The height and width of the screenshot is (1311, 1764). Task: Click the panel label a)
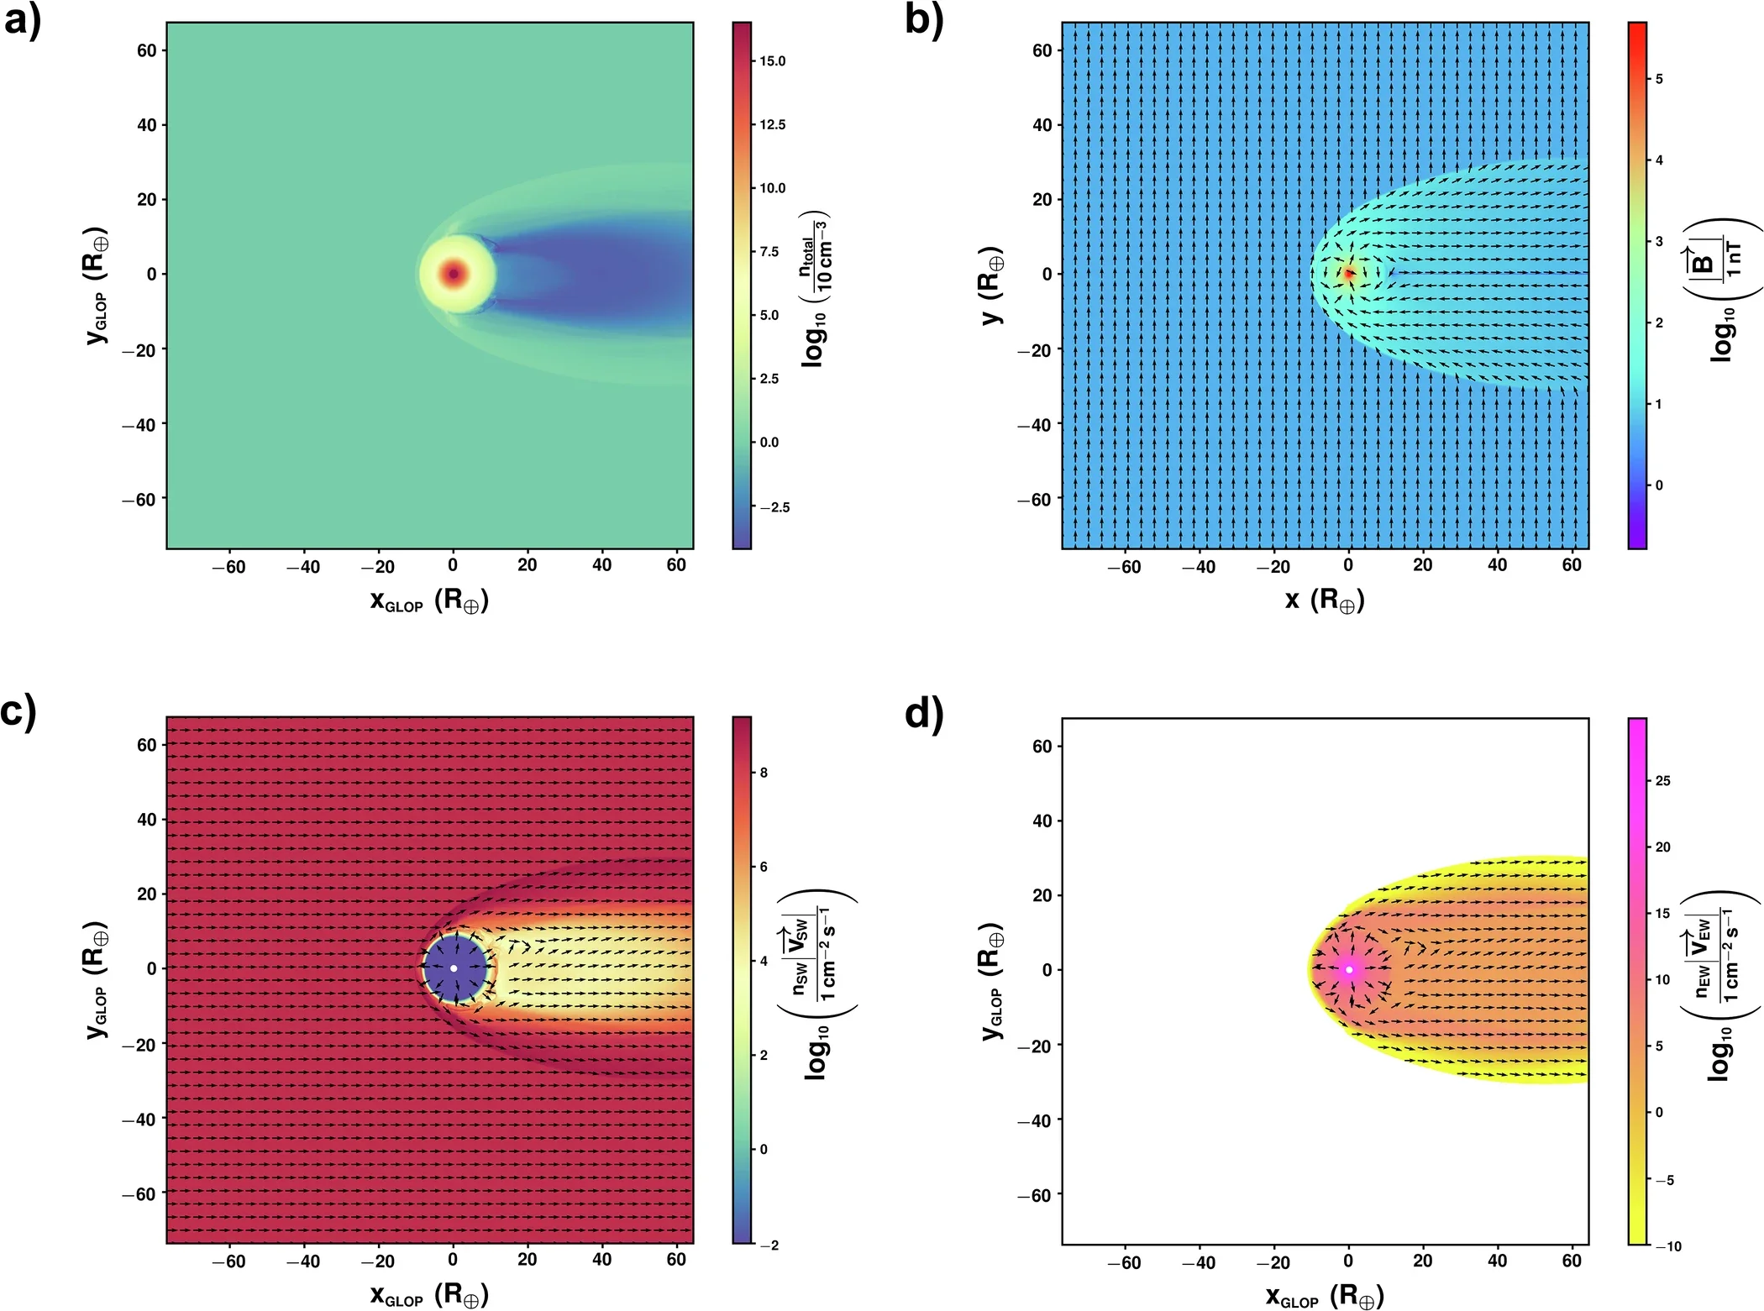point(22,20)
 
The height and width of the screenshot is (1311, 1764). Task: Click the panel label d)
point(924,714)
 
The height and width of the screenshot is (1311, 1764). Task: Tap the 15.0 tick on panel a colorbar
point(772,61)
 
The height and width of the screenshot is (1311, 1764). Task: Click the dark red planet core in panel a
point(454,273)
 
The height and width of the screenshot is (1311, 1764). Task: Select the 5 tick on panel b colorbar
point(1659,79)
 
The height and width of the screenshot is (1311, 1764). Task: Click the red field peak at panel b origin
point(1349,273)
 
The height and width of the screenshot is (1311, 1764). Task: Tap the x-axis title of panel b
point(1324,600)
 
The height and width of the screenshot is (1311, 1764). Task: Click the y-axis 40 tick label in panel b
point(1042,125)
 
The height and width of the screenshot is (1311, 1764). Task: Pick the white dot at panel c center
point(454,968)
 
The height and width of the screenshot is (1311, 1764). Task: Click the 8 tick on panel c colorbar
point(764,773)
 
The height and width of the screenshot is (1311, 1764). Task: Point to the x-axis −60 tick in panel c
point(228,1261)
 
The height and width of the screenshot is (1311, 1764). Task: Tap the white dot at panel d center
point(1349,969)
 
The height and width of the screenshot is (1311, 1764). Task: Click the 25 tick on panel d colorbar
point(1662,781)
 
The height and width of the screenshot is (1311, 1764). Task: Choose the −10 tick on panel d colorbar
point(1667,1246)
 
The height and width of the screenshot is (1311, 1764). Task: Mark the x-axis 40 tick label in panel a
point(601,565)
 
